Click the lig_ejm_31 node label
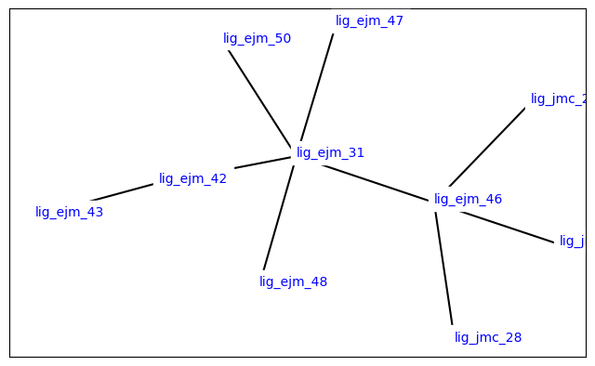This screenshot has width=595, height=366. (330, 152)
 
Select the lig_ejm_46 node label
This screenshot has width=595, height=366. (468, 199)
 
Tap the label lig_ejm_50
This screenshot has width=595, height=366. (257, 38)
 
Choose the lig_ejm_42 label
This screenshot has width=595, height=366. (192, 178)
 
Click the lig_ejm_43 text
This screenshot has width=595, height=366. (69, 212)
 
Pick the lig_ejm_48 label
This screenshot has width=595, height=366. (293, 281)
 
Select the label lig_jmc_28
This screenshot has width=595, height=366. (488, 337)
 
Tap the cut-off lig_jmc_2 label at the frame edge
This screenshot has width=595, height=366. (559, 98)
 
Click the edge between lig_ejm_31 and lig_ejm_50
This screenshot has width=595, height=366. (259, 97)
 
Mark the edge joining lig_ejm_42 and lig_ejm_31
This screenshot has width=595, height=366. (263, 163)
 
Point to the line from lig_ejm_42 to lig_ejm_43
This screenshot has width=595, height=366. (122, 192)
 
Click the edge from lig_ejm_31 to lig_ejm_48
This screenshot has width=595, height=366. (278, 217)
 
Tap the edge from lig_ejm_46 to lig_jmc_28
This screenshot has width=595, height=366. (443, 268)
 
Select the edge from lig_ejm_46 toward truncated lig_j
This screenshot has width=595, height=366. (507, 227)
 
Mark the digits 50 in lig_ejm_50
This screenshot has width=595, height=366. (282, 38)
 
